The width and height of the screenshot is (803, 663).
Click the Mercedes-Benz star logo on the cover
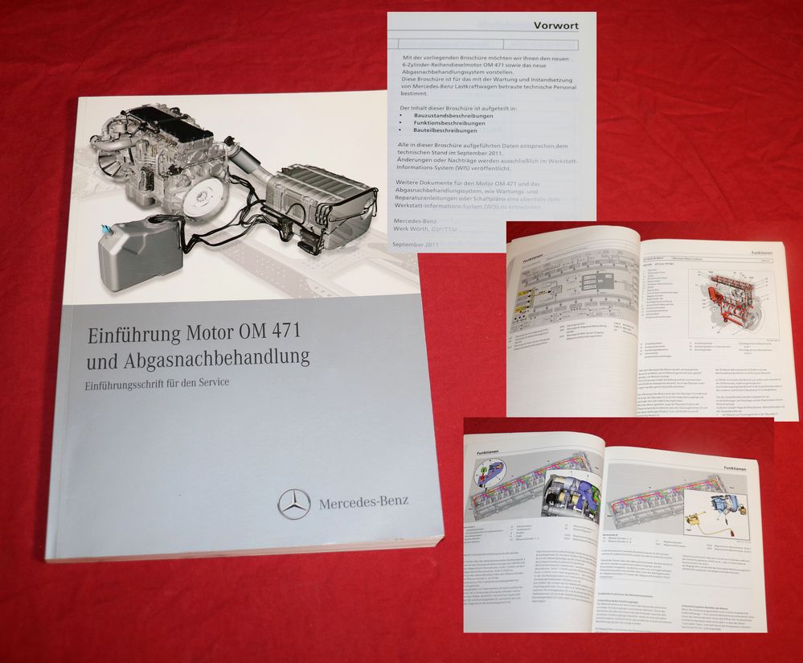click(x=293, y=503)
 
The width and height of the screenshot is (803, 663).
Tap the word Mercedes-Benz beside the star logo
click(x=363, y=503)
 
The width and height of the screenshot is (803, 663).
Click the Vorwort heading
click(x=556, y=26)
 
